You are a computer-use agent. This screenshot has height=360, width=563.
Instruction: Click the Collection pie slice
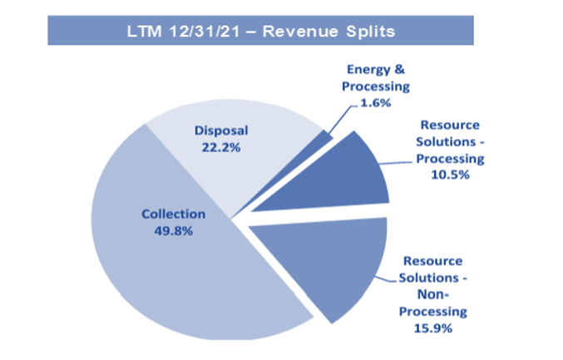pos(150,266)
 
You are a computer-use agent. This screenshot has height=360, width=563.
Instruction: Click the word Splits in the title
pos(368,31)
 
